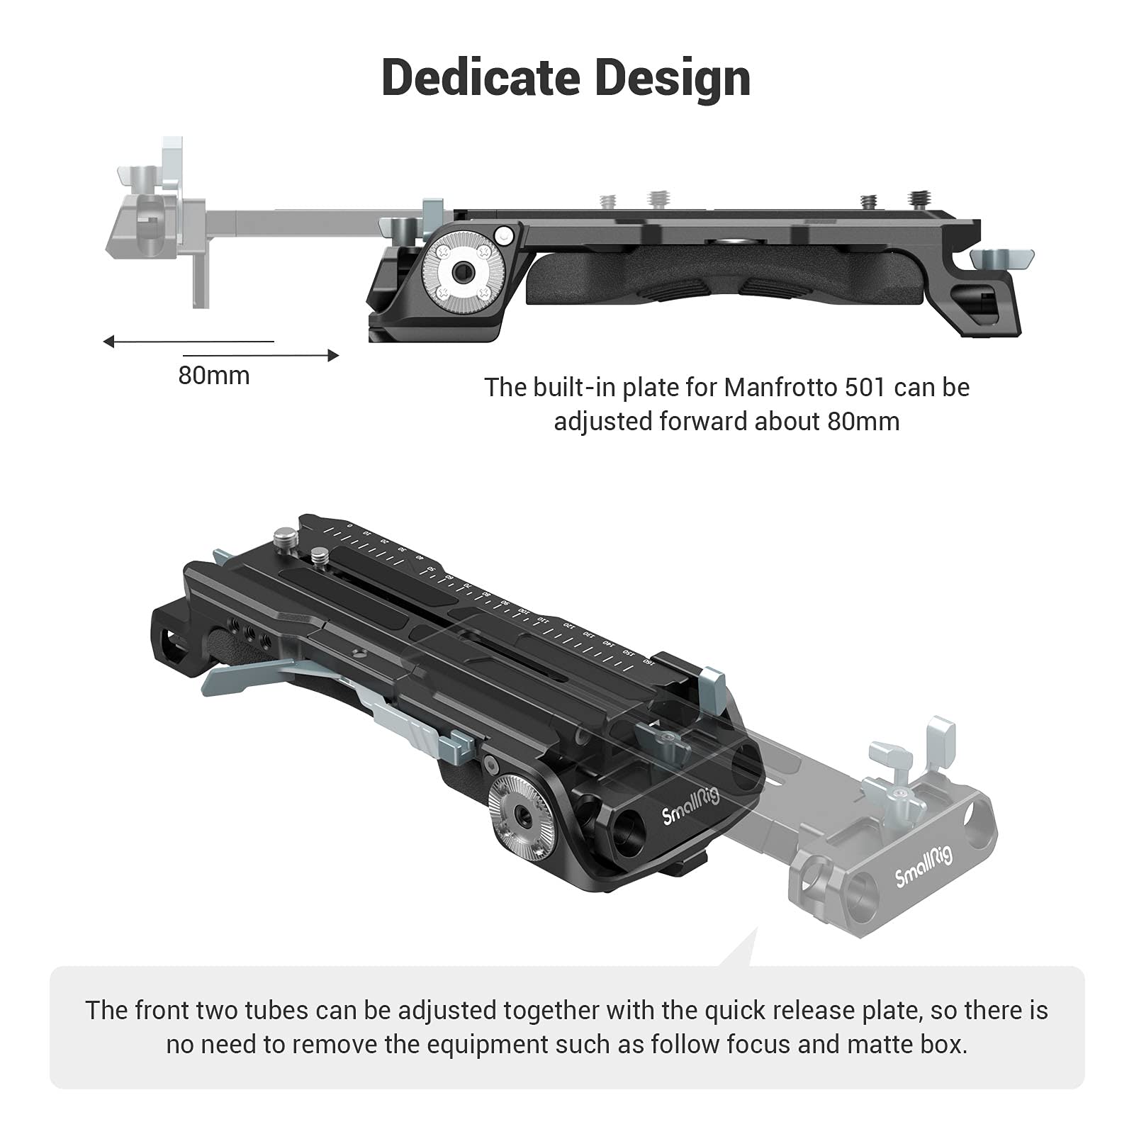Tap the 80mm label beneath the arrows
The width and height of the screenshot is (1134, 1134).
pyautogui.click(x=213, y=375)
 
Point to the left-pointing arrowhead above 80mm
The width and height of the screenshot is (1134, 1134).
pyautogui.click(x=108, y=342)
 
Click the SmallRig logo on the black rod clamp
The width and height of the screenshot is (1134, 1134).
pyautogui.click(x=690, y=806)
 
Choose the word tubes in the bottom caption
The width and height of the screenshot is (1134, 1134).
pyautogui.click(x=276, y=1010)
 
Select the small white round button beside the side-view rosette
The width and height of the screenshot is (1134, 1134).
pyautogui.click(x=504, y=234)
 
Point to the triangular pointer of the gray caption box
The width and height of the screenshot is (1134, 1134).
pyautogui.click(x=741, y=950)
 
